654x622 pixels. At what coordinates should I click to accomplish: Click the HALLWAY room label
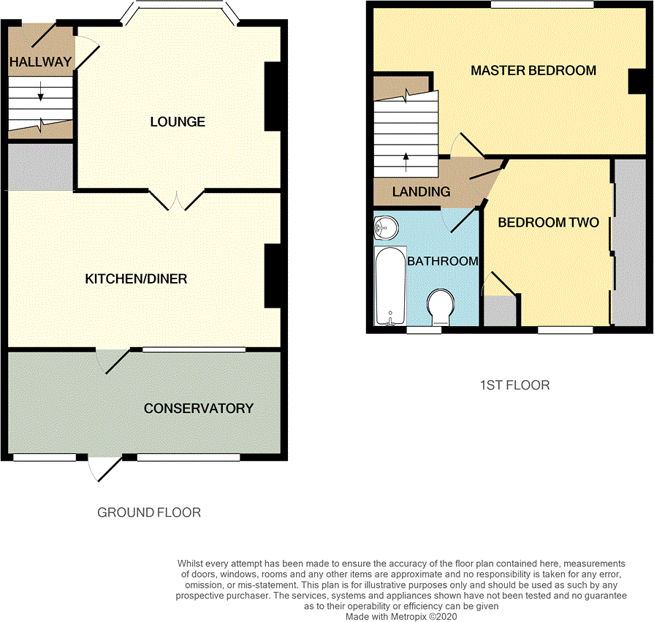pyautogui.click(x=40, y=62)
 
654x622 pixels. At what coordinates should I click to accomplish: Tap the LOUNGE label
pyautogui.click(x=178, y=122)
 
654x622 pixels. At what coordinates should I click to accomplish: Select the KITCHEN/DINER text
pyautogui.click(x=137, y=279)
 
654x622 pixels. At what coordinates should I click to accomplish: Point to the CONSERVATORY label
pyautogui.click(x=198, y=409)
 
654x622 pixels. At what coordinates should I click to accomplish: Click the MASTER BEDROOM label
pyautogui.click(x=533, y=71)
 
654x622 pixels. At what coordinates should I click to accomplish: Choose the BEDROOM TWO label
pyautogui.click(x=548, y=223)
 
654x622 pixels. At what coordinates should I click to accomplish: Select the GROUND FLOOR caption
pyautogui.click(x=149, y=513)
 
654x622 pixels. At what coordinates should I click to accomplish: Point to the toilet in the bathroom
pyautogui.click(x=441, y=308)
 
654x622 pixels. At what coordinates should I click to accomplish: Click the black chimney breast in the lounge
pyautogui.click(x=272, y=96)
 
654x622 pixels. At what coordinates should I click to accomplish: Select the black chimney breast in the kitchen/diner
pyautogui.click(x=272, y=276)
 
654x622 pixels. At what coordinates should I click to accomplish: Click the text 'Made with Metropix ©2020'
pyautogui.click(x=402, y=617)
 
